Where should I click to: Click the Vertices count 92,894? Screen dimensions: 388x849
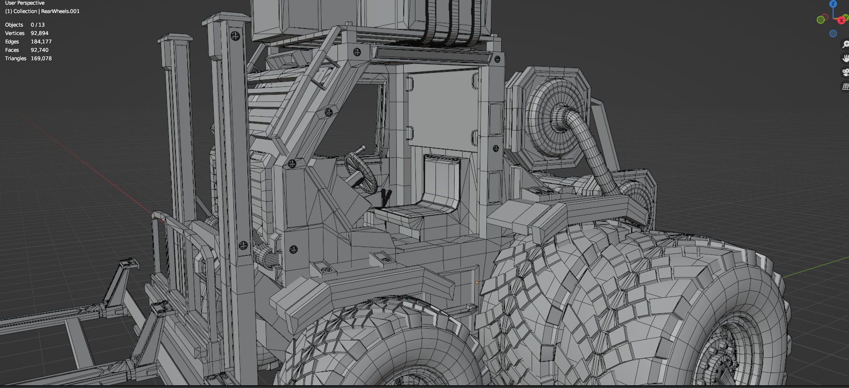click(x=40, y=33)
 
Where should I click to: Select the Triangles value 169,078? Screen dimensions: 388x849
click(x=41, y=58)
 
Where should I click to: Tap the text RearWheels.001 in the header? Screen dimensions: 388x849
click(x=60, y=11)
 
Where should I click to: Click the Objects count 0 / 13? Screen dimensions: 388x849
click(x=38, y=25)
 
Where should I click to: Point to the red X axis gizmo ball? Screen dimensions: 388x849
click(x=841, y=21)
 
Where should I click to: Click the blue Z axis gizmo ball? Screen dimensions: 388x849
click(x=833, y=4)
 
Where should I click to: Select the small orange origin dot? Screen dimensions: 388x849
click(x=477, y=282)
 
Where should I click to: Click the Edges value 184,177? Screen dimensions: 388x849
click(x=41, y=42)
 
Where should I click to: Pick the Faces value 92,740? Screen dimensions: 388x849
click(x=40, y=50)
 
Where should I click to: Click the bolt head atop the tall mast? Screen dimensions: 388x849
click(x=235, y=35)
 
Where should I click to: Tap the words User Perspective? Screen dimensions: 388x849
click(x=25, y=3)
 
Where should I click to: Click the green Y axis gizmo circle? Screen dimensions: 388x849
click(x=821, y=20)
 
